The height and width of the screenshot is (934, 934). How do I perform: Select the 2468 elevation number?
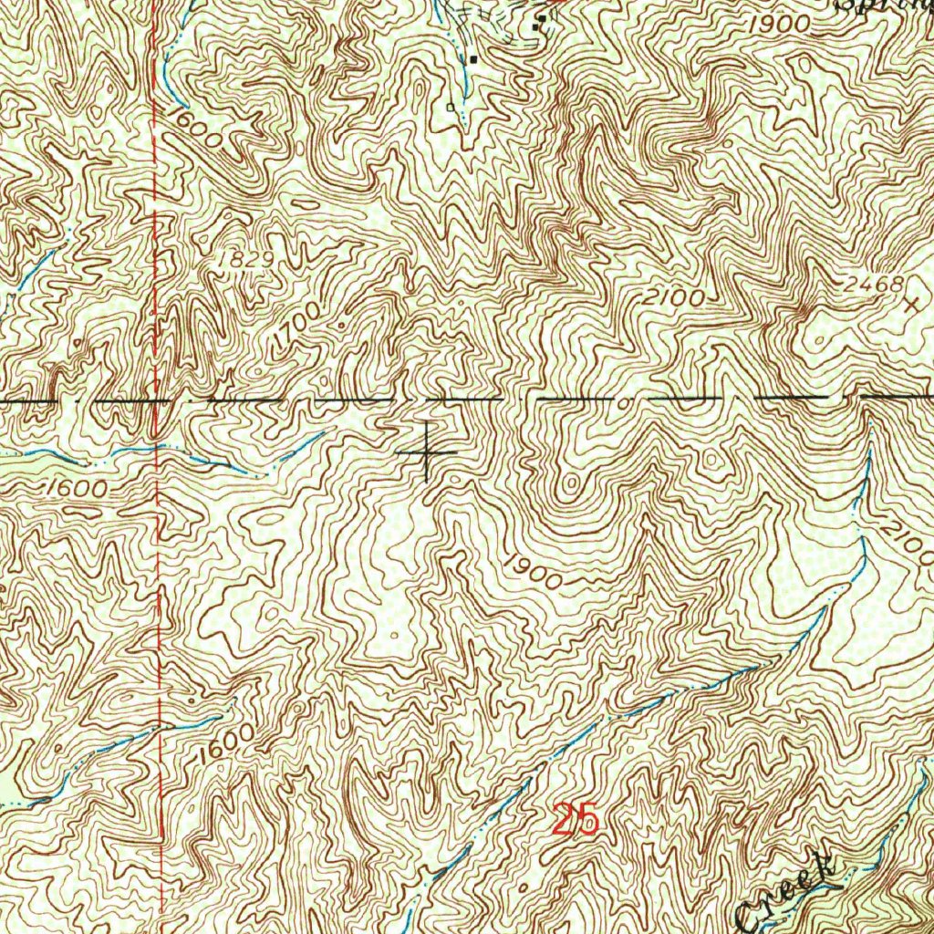tap(873, 285)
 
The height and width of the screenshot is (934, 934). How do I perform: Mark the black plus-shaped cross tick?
tap(427, 452)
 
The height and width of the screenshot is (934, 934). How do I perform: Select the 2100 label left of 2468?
tap(672, 296)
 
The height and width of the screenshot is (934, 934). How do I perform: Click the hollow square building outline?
tap(450, 107)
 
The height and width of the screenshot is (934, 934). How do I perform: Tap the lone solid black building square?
tap(474, 59)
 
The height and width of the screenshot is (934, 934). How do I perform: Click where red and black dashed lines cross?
tap(157, 400)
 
